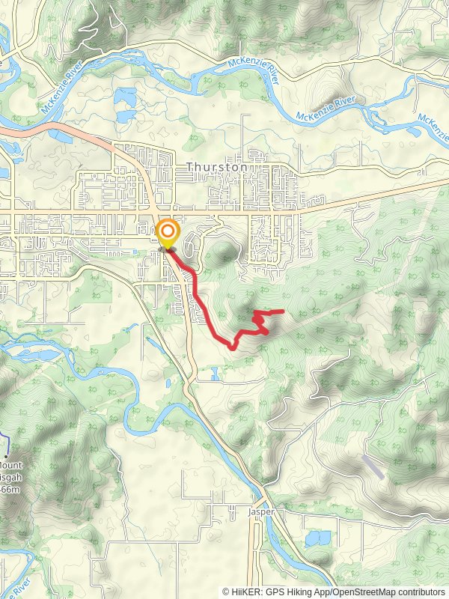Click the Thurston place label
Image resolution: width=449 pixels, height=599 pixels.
coord(216,167)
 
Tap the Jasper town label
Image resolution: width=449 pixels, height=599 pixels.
coord(262,512)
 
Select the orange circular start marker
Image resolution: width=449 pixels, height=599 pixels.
coord(167,233)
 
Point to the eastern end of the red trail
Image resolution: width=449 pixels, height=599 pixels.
coord(283,311)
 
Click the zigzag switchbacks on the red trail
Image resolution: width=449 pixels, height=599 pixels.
coord(260,323)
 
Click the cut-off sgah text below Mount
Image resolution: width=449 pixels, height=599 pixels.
coord(10,476)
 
